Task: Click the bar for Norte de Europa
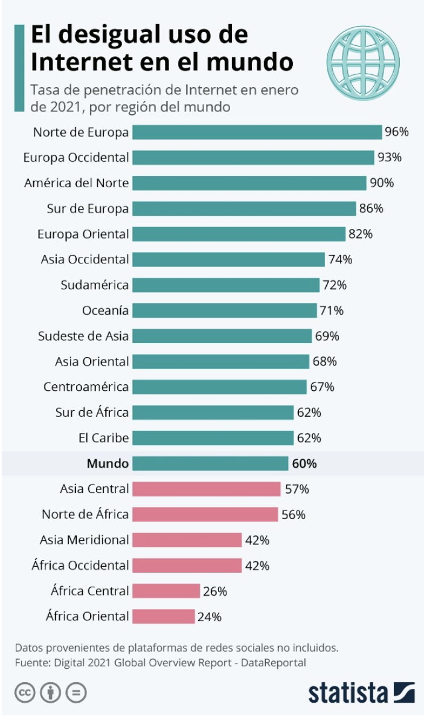(257, 132)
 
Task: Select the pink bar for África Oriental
(164, 616)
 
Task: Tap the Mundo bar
(210, 463)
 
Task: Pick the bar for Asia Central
(207, 489)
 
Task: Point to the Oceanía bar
(225, 311)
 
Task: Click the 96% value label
(396, 132)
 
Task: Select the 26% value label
(215, 591)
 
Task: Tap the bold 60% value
(304, 463)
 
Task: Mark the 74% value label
(340, 260)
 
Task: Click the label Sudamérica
(94, 285)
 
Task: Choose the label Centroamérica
(86, 387)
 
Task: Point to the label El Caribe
(104, 438)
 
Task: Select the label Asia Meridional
(84, 540)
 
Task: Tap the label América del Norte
(76, 183)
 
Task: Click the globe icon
(363, 63)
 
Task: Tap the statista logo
(362, 692)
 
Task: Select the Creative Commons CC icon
(25, 692)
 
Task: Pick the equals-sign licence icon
(76, 692)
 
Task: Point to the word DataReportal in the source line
(273, 663)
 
